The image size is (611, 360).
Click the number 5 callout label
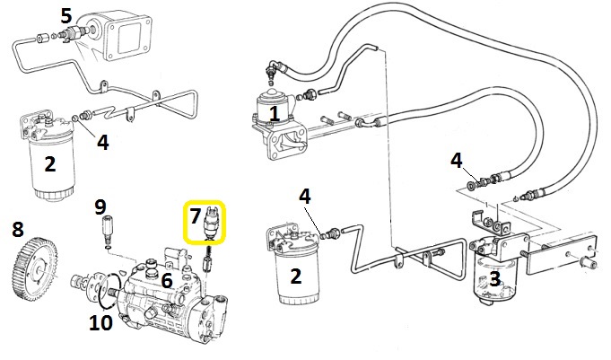pos(66,15)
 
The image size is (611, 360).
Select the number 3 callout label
pos(494,280)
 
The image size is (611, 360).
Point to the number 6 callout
pos(167,280)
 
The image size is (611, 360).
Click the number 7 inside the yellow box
pos(196,216)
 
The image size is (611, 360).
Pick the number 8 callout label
pos(18,229)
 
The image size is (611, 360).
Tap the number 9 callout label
pos(100,207)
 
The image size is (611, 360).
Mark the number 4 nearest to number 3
pos(458,162)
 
